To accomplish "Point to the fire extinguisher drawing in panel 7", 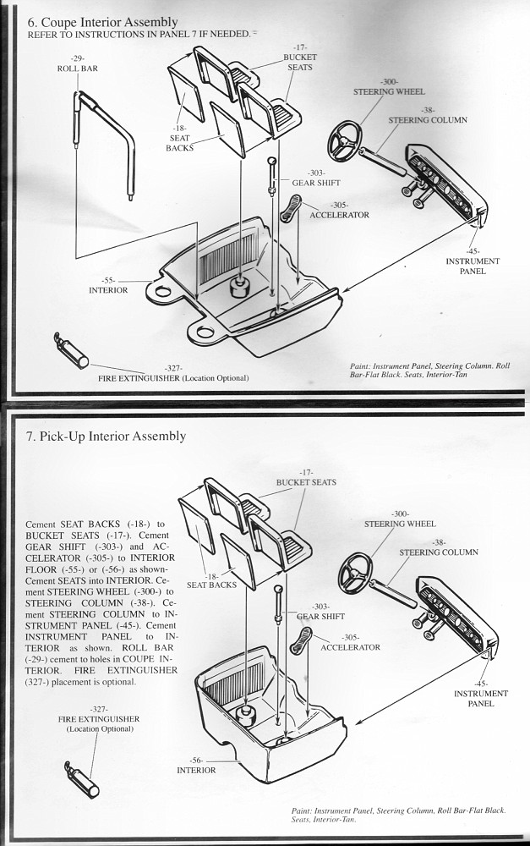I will coord(82,777).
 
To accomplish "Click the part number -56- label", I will coord(196,765).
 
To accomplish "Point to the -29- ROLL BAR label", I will coord(78,63).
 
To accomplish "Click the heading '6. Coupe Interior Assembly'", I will coord(102,21).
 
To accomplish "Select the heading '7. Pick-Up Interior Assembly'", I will coord(107,437).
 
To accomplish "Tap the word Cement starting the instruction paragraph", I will coord(45,525).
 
